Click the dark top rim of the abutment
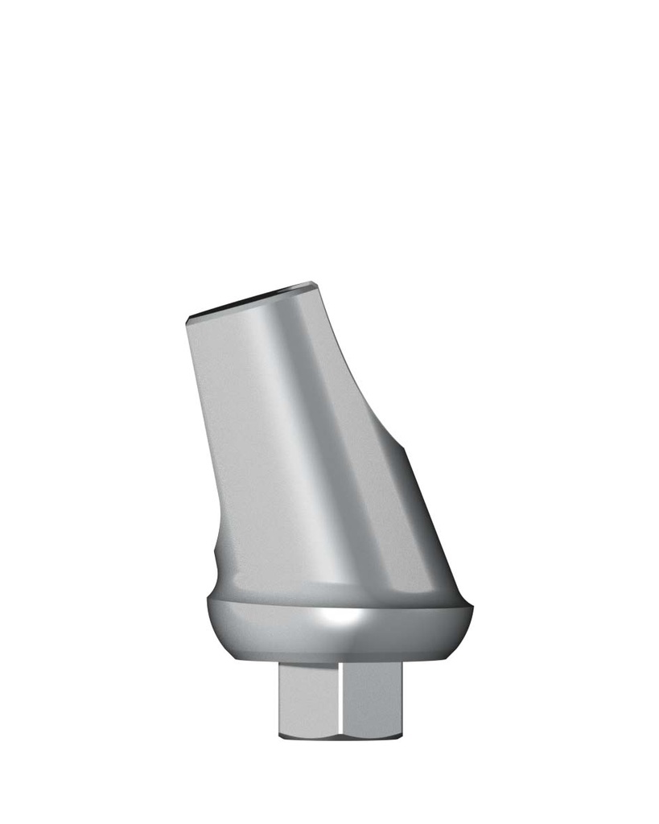(x=249, y=299)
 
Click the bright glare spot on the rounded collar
(x=338, y=618)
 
